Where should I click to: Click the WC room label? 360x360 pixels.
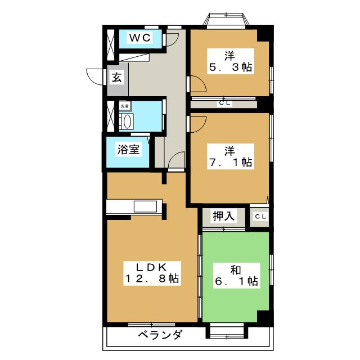coord(140,38)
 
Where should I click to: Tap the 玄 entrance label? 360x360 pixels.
coord(117,77)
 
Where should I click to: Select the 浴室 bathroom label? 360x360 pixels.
coord(128,150)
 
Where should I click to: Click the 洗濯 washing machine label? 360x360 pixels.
coord(125,106)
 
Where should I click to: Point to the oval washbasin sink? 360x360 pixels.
coord(128,121)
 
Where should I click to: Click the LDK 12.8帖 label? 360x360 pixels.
coord(152,273)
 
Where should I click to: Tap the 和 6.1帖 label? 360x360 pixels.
coord(236,276)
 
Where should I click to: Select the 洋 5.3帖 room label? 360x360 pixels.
coord(230,61)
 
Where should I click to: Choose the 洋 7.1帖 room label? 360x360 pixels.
coord(230,156)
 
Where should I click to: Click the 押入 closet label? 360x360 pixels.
coord(223,216)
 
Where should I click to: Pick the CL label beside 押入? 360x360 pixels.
coord(260,216)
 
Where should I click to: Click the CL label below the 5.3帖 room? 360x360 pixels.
coord(225,103)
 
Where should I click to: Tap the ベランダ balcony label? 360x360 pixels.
coord(160,334)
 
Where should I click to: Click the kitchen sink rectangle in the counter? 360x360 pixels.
coord(146,206)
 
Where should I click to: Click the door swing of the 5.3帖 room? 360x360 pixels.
coord(199,84)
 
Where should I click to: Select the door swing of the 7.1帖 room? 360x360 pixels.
coord(199,124)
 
